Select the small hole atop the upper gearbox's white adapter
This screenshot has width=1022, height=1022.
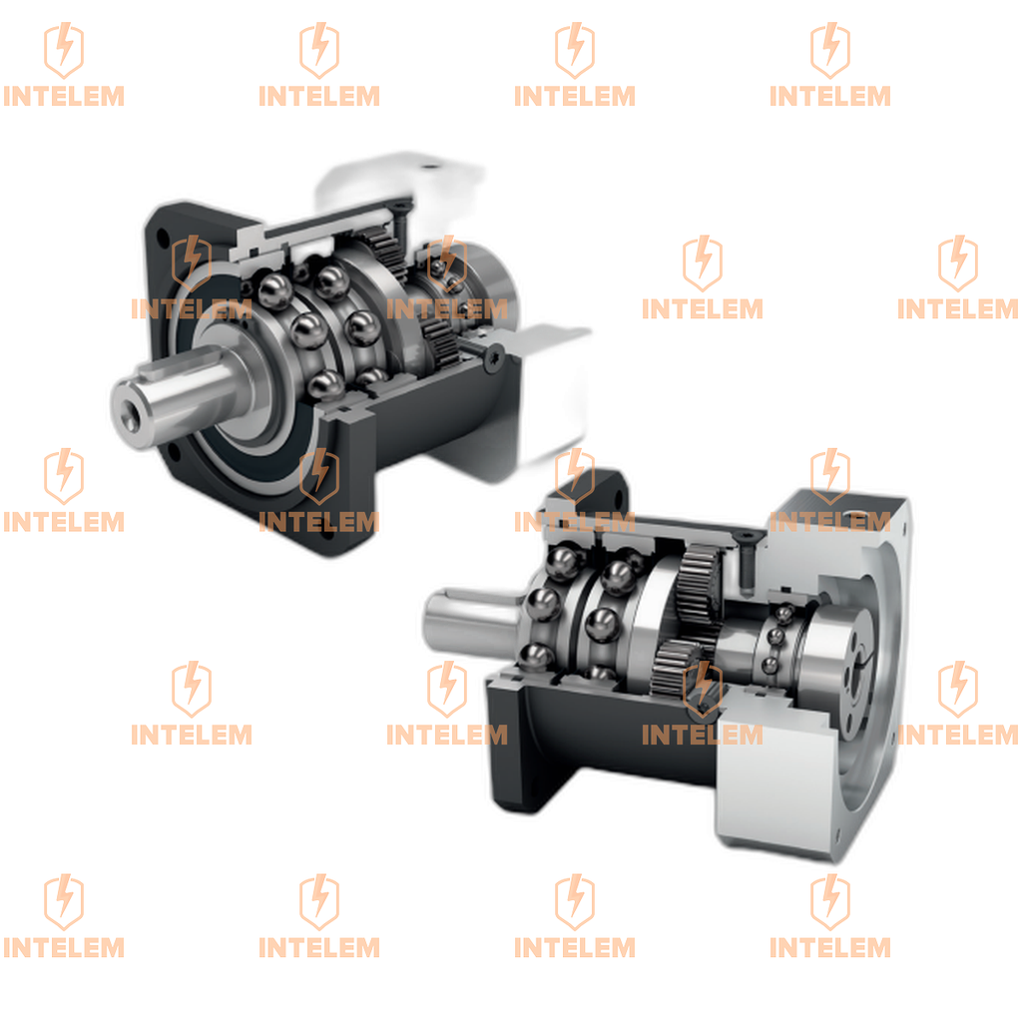coord(429,167)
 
